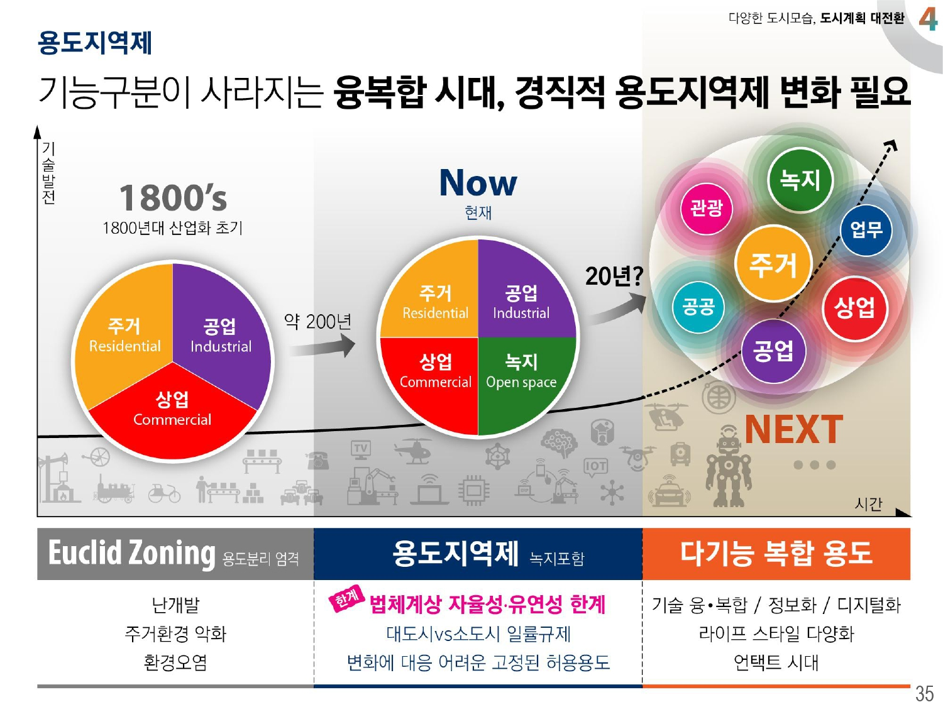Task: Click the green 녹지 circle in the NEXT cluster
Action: point(800,180)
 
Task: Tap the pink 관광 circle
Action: point(707,208)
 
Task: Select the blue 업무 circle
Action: point(866,230)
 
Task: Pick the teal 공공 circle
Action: point(698,307)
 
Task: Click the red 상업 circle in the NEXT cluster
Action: point(854,308)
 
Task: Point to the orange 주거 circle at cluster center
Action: point(773,264)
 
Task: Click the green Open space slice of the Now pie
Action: point(522,377)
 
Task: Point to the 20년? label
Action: point(614,276)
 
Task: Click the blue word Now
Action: point(478,183)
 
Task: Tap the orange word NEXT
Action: point(793,430)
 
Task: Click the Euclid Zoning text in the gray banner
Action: point(132,553)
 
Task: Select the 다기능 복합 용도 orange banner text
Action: point(776,553)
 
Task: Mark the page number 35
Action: point(924,693)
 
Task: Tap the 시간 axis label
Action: point(868,503)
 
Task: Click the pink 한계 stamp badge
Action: point(347,598)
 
